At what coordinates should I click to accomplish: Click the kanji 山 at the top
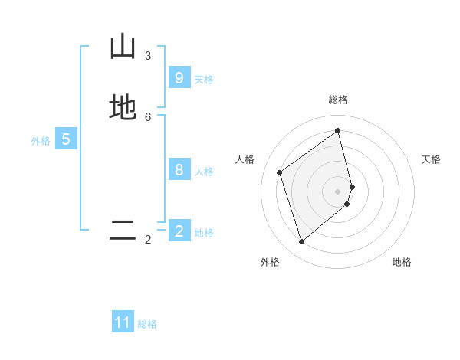point(123,47)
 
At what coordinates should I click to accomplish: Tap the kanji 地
point(123,107)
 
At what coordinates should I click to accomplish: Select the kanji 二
point(123,230)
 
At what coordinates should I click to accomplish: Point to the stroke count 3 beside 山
point(148,56)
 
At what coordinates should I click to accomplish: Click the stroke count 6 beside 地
point(148,116)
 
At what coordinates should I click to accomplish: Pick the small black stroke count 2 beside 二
point(148,240)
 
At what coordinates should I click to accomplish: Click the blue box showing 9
point(179,77)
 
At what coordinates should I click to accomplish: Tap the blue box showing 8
point(179,170)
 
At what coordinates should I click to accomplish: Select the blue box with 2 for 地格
point(179,231)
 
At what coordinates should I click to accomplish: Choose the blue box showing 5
point(66,139)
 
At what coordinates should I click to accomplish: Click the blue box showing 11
point(123,322)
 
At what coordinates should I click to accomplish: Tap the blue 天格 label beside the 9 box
point(204,79)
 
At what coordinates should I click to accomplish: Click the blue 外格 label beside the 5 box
point(41,141)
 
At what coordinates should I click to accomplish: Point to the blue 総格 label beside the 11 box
point(147,324)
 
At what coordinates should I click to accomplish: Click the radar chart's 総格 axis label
point(338,100)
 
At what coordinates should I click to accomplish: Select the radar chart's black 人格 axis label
point(245,159)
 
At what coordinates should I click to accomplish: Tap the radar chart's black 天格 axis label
point(432,159)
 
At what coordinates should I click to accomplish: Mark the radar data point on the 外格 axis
point(301,242)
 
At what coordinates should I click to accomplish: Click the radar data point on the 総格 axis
point(338,130)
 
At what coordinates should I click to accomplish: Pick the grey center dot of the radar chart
point(338,191)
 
